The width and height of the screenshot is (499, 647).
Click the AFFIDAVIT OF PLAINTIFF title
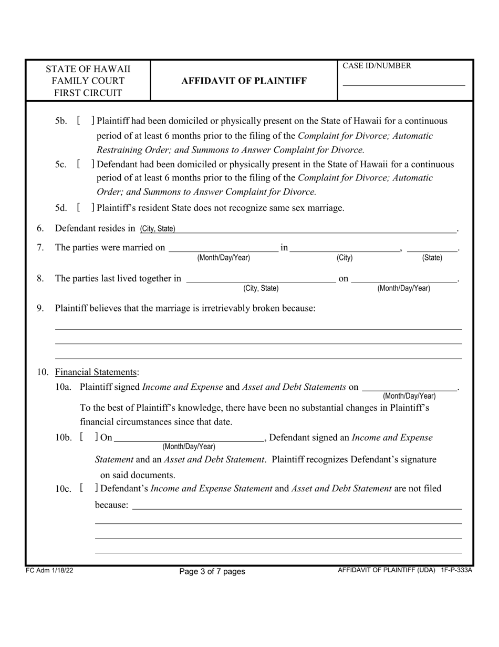[x=244, y=81]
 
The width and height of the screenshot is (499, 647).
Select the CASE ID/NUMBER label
[x=377, y=66]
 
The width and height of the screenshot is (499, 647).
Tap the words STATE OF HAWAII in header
[x=88, y=69]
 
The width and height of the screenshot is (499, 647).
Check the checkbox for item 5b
[x=85, y=121]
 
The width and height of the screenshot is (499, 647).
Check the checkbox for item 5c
[x=85, y=165]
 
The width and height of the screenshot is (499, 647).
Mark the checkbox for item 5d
[x=85, y=208]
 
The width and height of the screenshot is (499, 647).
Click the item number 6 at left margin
[x=40, y=228]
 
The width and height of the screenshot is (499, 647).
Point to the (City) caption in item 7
[x=345, y=258]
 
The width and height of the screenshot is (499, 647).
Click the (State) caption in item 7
[x=432, y=258]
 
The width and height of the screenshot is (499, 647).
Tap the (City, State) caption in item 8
[x=261, y=288]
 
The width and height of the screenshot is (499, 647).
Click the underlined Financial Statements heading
[x=96, y=372]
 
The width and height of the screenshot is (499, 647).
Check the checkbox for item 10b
[x=88, y=438]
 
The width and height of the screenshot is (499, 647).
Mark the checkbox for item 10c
[x=88, y=489]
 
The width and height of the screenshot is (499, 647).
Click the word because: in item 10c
[x=111, y=506]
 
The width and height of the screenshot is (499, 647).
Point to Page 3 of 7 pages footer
[x=212, y=571]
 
